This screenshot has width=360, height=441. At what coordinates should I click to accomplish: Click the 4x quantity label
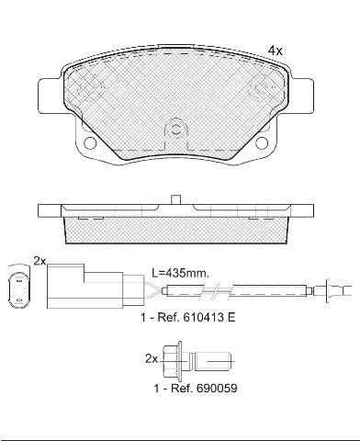[276, 51]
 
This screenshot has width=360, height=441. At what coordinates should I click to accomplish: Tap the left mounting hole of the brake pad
[90, 142]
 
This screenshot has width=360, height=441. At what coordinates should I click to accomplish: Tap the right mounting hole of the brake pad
[262, 142]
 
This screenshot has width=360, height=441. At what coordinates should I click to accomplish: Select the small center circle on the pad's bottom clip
[175, 130]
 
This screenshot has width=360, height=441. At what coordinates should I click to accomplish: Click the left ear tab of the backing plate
[49, 96]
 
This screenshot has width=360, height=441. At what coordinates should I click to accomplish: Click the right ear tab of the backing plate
[302, 96]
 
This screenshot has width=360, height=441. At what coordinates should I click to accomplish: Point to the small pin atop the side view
[175, 199]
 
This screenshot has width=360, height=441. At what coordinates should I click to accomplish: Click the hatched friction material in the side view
[176, 231]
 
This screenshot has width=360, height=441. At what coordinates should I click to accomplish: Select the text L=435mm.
[181, 273]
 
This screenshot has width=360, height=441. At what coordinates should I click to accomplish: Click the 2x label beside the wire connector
[39, 261]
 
